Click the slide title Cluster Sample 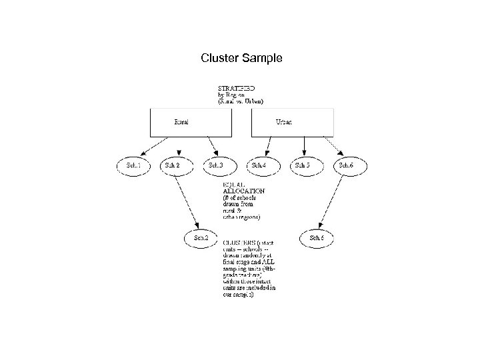click(241, 59)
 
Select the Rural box click(189, 122)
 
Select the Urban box click(291, 122)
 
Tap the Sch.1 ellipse click(133, 165)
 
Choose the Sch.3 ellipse click(217, 165)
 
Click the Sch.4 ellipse click(260, 165)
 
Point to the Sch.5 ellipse click(304, 165)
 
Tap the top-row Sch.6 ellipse click(347, 165)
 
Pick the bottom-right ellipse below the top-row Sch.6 click(317, 237)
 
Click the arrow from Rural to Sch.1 click(155, 146)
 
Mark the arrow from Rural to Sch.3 click(210, 145)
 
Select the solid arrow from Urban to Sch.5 click(304, 145)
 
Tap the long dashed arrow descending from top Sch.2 click(187, 200)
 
